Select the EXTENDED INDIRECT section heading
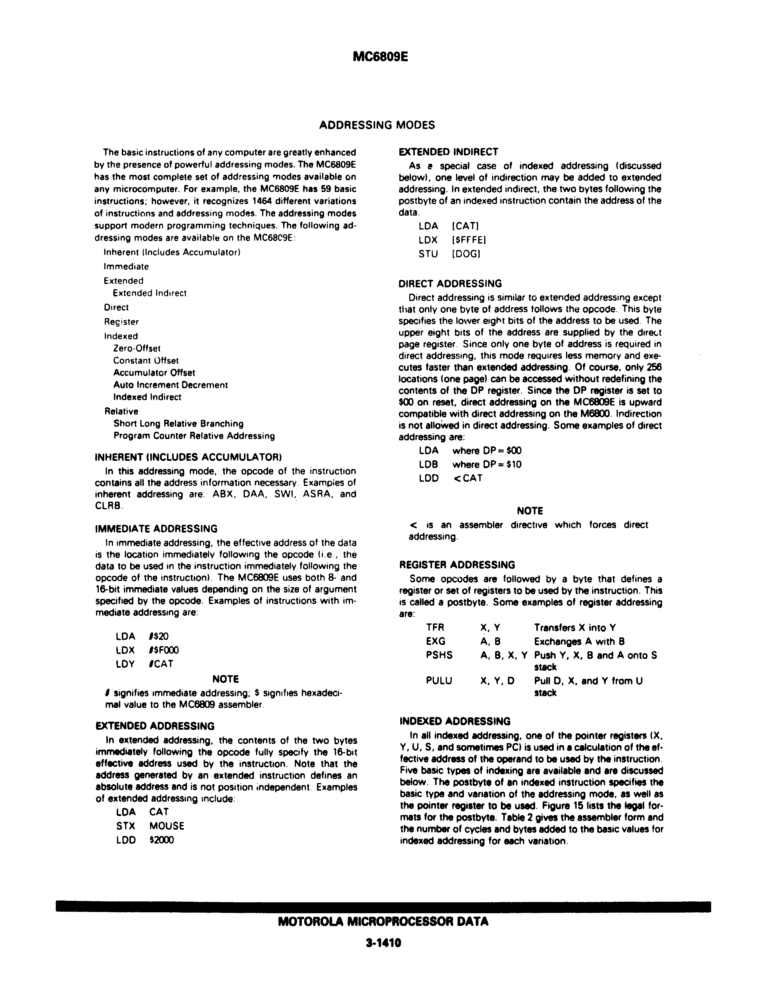coord(448,152)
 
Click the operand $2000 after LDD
coord(162,840)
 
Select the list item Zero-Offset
coord(137,349)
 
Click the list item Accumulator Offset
coord(154,373)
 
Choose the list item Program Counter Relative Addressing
coord(194,436)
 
